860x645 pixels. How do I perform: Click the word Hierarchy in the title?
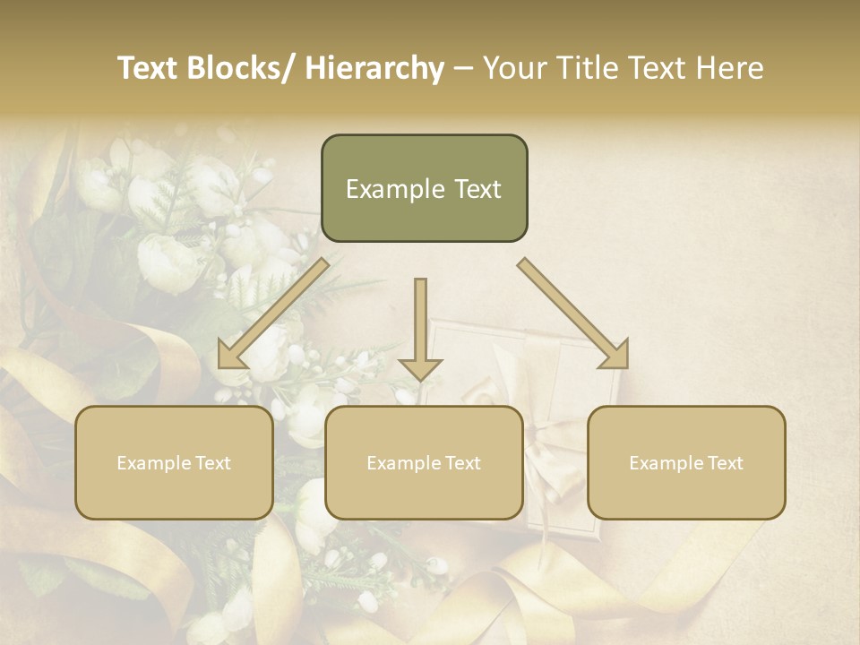[374, 69]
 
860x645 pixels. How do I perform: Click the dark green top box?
[424, 188]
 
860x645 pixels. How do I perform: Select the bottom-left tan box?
[174, 462]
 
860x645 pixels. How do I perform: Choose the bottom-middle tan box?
[424, 462]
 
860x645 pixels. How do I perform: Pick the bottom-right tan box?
[686, 462]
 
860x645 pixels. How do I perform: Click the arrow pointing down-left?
[273, 314]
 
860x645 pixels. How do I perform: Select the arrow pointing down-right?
[573, 314]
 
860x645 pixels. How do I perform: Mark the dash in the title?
[463, 69]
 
